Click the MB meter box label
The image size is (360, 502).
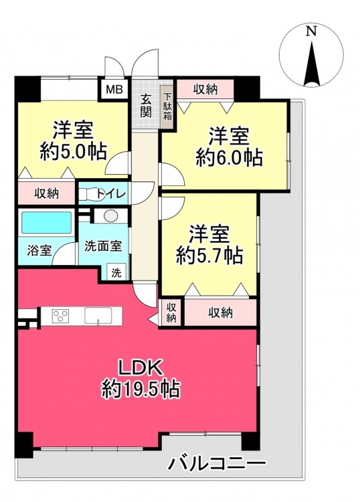[x=114, y=89]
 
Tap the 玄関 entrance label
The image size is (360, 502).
[x=147, y=106]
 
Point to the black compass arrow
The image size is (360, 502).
[x=312, y=64]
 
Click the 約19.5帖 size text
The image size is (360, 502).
[x=141, y=389]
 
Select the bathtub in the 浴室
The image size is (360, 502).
[x=46, y=222]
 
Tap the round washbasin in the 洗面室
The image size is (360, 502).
[x=111, y=216]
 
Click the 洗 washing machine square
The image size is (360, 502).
[x=116, y=272]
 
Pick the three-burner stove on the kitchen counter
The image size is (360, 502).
[x=60, y=316]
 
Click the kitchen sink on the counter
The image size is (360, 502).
[x=98, y=316]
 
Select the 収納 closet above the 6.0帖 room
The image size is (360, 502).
[x=205, y=90]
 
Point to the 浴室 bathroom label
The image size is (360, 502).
[x=39, y=250]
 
